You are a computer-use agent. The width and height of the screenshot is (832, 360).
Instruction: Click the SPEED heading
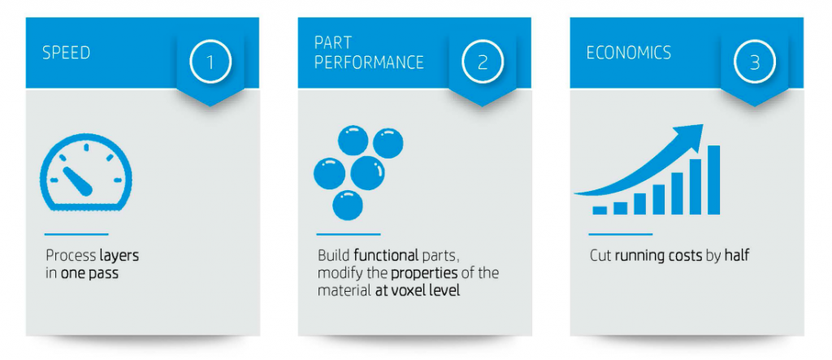tap(67, 53)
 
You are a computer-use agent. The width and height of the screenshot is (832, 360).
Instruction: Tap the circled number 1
tap(210, 62)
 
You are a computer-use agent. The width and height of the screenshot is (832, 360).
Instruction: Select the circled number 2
tap(483, 62)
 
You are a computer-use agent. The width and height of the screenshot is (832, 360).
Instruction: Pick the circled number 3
tap(755, 62)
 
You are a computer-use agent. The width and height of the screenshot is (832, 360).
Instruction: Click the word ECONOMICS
tap(629, 53)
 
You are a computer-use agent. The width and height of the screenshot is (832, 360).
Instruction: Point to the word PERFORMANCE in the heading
tap(369, 63)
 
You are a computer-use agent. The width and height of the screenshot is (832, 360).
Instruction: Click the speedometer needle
tap(77, 180)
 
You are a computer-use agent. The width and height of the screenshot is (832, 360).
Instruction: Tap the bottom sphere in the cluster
tap(348, 205)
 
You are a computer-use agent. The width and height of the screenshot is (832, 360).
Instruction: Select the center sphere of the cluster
tap(367, 173)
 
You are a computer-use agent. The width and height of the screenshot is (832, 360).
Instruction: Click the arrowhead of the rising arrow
tap(689, 134)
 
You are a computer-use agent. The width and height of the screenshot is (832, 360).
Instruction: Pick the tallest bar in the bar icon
tap(713, 180)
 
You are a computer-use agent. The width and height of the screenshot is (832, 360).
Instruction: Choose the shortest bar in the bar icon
tap(600, 210)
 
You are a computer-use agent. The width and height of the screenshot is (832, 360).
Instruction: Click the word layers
tap(119, 256)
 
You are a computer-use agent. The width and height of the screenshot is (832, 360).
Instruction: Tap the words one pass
tap(89, 274)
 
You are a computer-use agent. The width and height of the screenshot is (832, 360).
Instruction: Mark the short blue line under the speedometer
tap(76, 234)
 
